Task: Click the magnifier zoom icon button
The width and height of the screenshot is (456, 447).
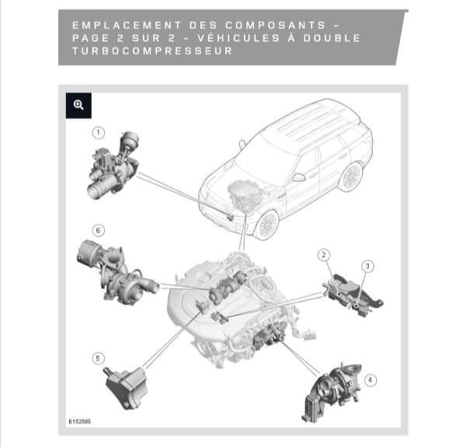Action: (78, 106)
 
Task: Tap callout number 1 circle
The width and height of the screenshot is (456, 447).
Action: (99, 133)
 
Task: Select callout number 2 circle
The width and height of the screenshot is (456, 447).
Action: (324, 255)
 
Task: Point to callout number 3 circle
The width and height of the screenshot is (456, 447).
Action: (367, 266)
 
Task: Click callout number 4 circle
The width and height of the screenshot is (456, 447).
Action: (371, 380)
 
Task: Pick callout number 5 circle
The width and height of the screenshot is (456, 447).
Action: (98, 358)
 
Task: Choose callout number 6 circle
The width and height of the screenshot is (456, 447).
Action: (98, 230)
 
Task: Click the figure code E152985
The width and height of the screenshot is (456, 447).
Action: (80, 421)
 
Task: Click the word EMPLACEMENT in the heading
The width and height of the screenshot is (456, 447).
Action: (127, 26)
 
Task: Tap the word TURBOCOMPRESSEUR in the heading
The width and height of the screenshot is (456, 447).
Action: (152, 51)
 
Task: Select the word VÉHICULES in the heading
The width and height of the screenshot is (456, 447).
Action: (238, 38)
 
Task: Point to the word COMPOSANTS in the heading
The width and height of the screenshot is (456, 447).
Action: (276, 26)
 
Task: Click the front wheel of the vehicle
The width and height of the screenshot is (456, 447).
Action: (266, 225)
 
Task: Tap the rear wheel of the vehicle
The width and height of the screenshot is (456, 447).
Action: (352, 176)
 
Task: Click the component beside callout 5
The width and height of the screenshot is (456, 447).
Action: (127, 387)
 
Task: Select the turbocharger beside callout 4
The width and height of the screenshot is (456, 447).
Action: (332, 391)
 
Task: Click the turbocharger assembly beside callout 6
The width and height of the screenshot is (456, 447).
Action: (117, 272)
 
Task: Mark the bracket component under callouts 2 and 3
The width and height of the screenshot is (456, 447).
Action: (353, 295)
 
